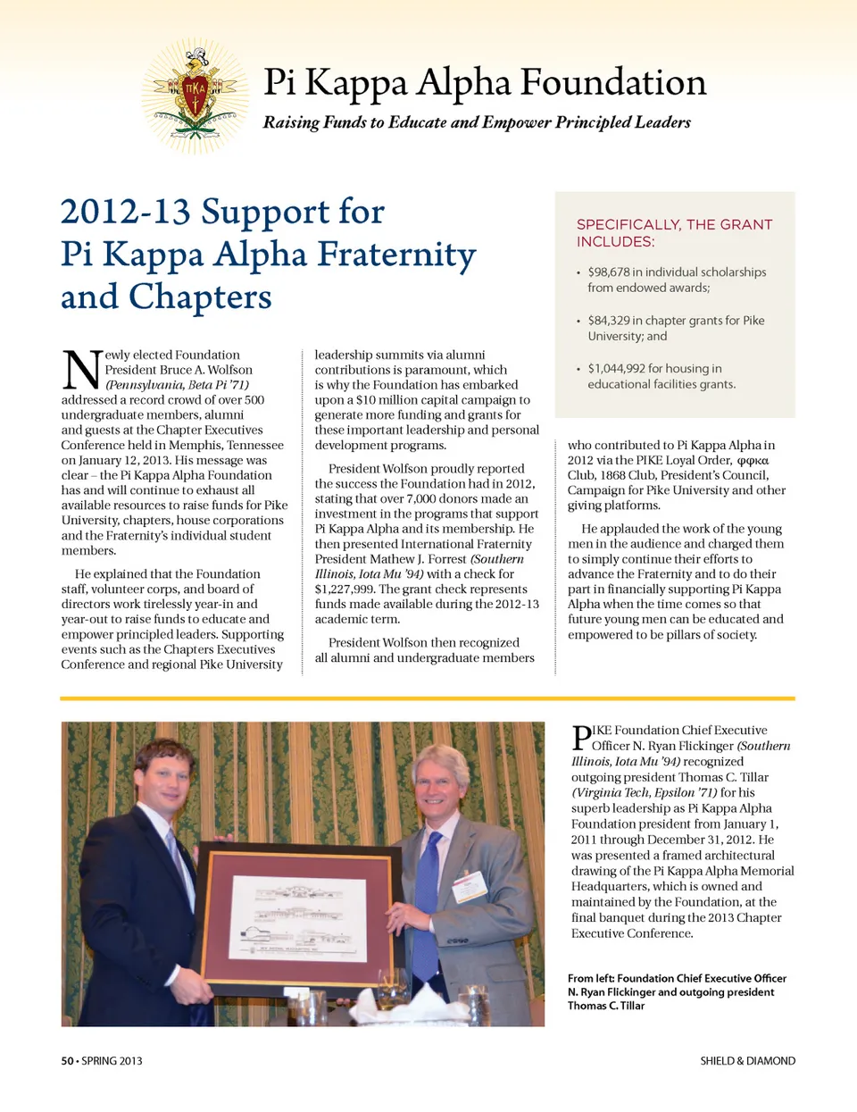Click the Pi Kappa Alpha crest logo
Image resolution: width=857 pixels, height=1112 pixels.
point(195,95)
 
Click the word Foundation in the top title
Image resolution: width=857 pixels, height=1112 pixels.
point(613,82)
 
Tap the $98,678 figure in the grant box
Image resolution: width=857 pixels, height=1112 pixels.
point(609,272)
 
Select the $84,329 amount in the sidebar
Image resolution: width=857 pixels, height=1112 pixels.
point(609,320)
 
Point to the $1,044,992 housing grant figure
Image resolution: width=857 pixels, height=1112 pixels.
point(616,368)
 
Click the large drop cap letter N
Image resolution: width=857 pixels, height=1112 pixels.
point(81,368)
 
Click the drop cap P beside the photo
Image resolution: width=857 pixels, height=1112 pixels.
point(580,738)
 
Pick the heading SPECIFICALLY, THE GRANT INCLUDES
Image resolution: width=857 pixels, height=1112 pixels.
point(674,233)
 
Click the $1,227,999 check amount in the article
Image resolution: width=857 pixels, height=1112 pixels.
point(345,589)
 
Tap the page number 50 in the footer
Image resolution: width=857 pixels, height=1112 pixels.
point(67,1061)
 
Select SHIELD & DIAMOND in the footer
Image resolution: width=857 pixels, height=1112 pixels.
point(747,1061)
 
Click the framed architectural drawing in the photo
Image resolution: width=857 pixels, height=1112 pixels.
point(299,913)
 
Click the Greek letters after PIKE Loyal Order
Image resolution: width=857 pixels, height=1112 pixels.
point(753,461)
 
